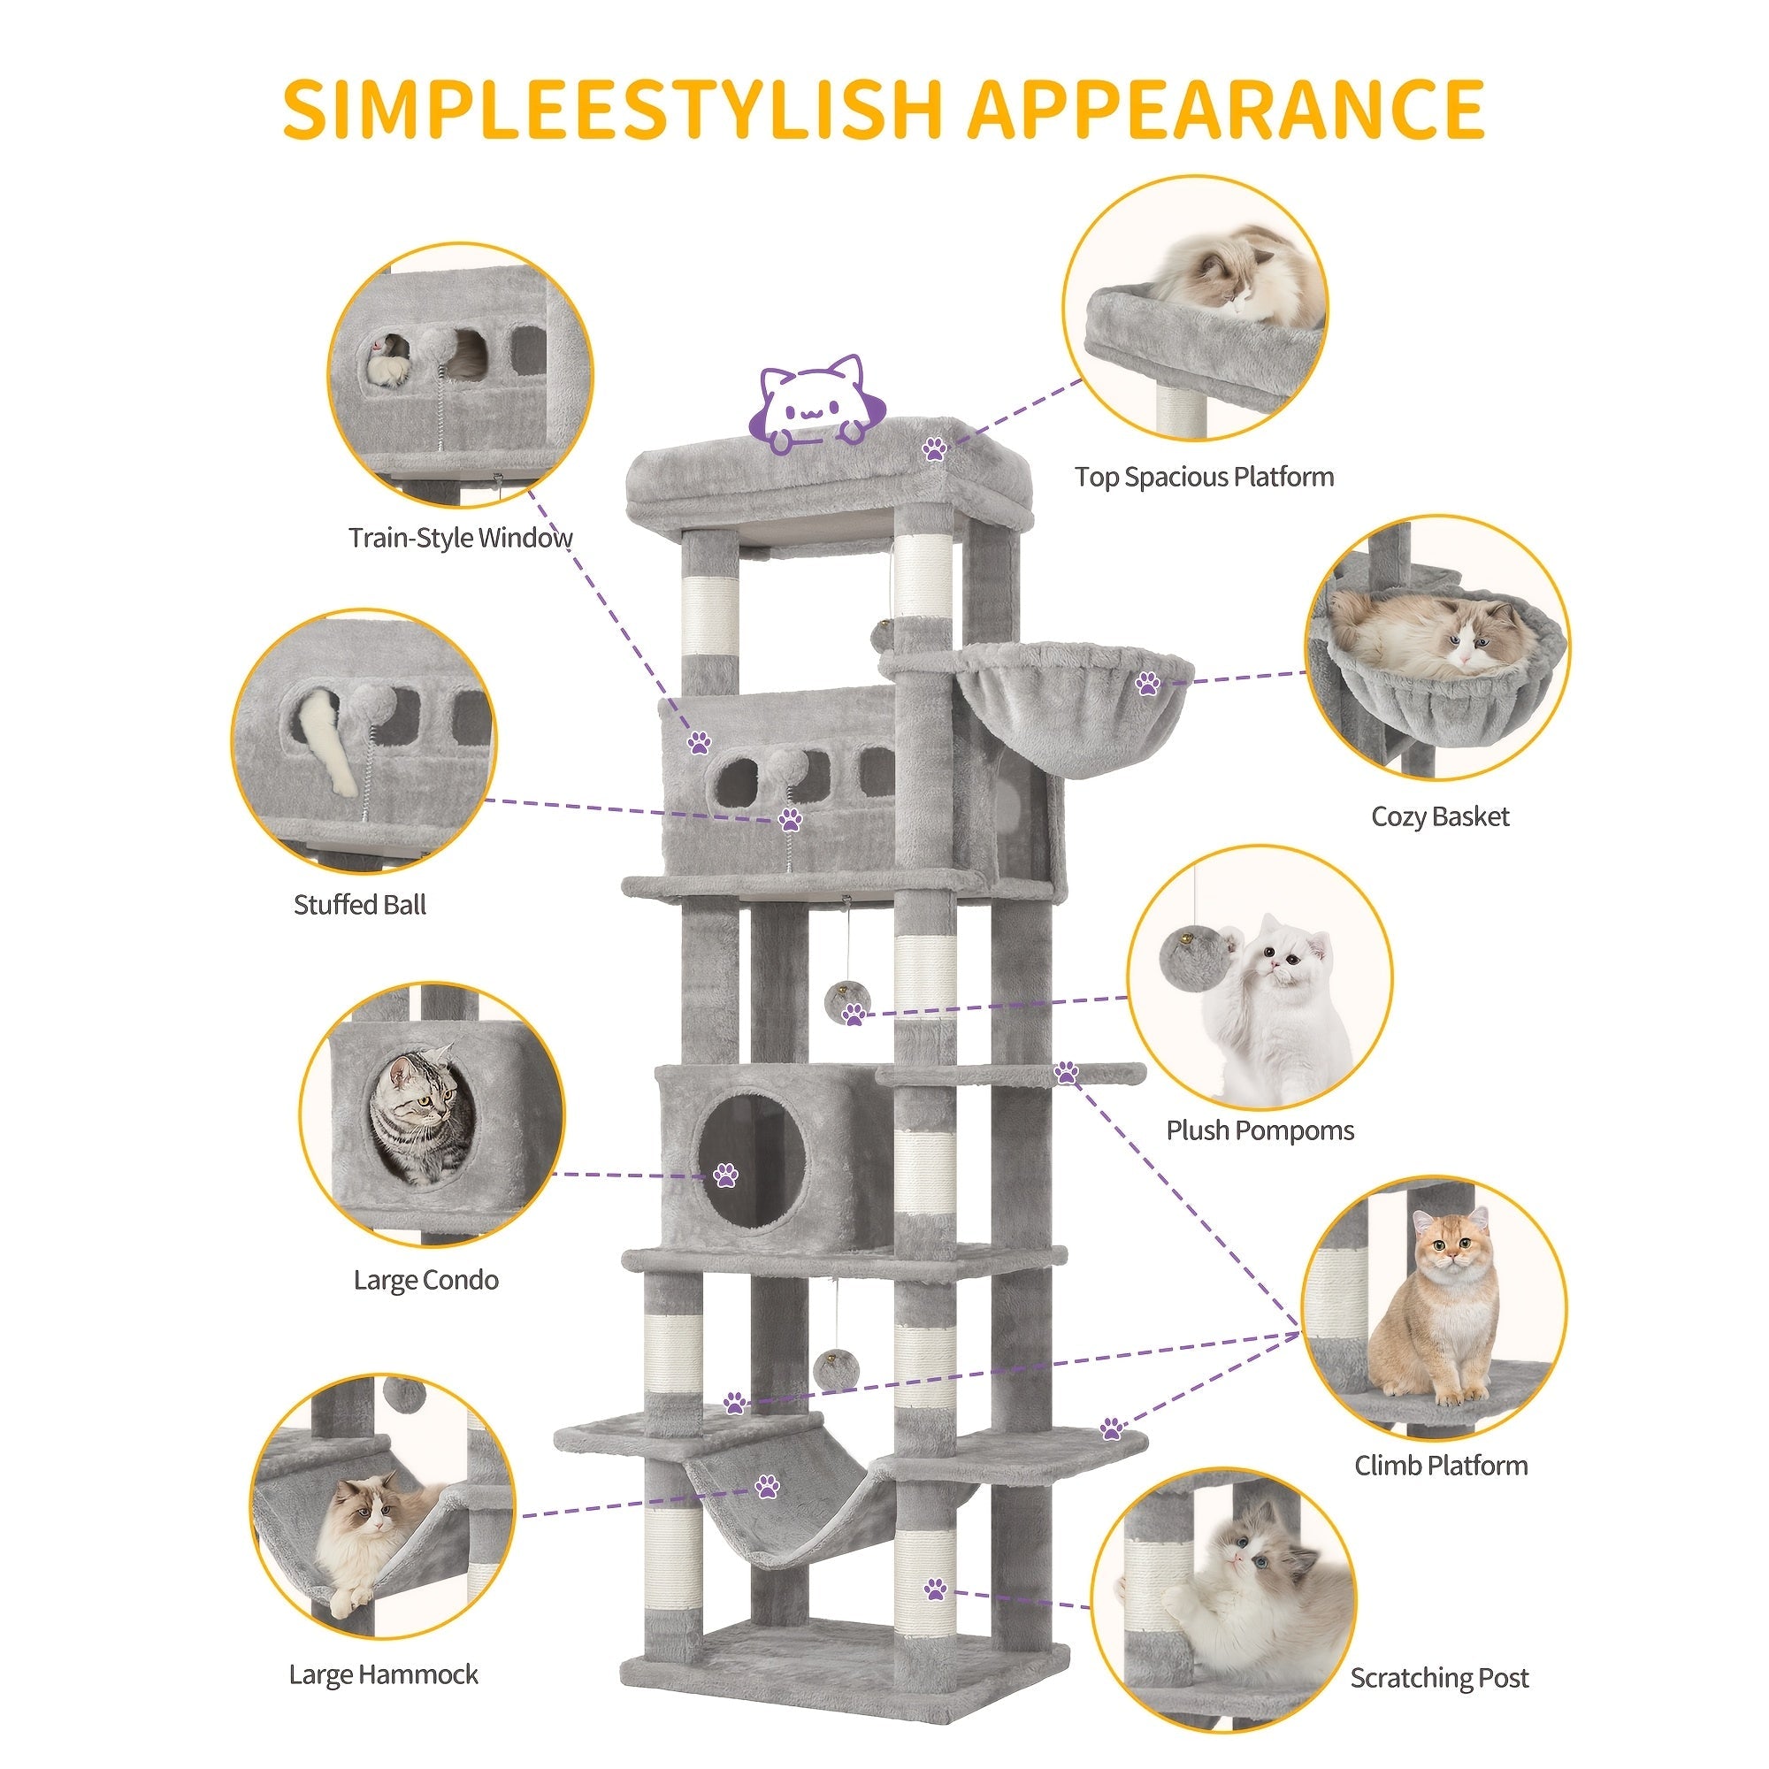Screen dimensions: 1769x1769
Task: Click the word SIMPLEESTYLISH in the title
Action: pyautogui.click(x=613, y=110)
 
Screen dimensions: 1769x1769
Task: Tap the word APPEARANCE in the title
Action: pyautogui.click(x=1226, y=110)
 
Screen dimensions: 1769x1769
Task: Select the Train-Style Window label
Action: pyautogui.click(x=461, y=538)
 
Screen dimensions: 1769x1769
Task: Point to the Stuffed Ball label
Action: pyautogui.click(x=360, y=905)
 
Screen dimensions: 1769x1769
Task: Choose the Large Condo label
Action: pyautogui.click(x=425, y=1279)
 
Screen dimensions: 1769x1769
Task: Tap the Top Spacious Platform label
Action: pyautogui.click(x=1204, y=477)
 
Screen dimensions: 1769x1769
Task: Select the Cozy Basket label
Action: pyautogui.click(x=1440, y=816)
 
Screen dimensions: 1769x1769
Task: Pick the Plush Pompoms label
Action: pyautogui.click(x=1260, y=1130)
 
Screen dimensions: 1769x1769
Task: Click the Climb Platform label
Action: pyautogui.click(x=1441, y=1465)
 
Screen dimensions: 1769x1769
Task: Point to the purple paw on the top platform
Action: pyautogui.click(x=934, y=448)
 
